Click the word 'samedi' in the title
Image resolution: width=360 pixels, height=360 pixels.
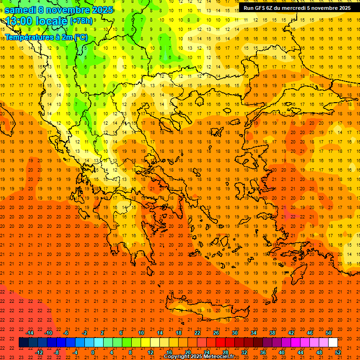coord(21,10)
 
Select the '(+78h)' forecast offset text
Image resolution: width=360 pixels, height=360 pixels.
coord(81,21)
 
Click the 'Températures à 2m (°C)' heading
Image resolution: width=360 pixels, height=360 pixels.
coord(46,37)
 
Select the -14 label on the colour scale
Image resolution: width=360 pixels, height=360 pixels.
coord(30,333)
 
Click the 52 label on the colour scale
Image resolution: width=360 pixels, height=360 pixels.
coord(338,352)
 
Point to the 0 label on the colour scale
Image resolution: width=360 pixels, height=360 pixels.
coord(92,352)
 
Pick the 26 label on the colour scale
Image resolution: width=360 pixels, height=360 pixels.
coord(216,333)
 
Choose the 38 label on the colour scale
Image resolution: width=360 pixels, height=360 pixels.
coord(272,333)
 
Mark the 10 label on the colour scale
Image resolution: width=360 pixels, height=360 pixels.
coord(141,333)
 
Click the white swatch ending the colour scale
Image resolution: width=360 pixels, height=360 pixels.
coord(333,343)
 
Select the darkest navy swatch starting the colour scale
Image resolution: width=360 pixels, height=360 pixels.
coord(23,343)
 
